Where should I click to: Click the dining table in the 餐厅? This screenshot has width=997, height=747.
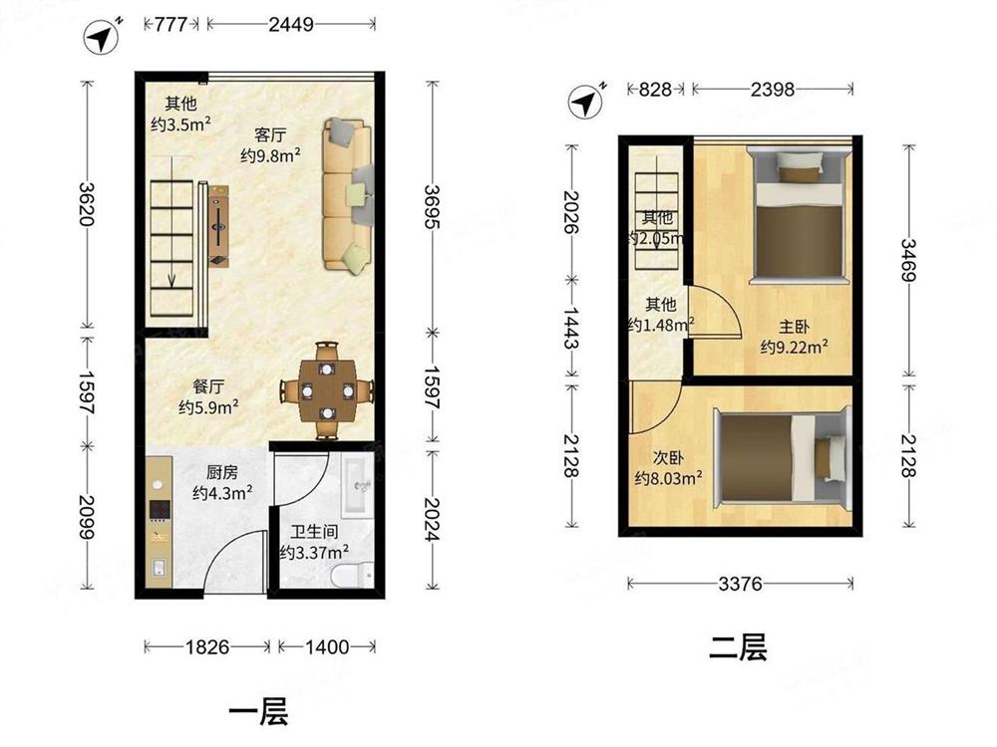(327, 390)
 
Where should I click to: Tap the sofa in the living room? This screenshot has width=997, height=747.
(347, 194)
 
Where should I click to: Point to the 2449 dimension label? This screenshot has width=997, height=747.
(290, 24)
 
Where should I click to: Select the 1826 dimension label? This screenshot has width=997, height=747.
(207, 646)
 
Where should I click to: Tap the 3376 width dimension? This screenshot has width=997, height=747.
(740, 583)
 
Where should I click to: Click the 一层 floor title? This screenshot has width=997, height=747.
(258, 711)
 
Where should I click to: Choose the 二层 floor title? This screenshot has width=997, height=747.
(738, 648)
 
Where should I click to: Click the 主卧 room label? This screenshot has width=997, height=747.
(795, 327)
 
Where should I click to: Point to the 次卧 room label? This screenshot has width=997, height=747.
(668, 457)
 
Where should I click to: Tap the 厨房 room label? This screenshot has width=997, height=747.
(222, 472)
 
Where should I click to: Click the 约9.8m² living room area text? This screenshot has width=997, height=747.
(270, 155)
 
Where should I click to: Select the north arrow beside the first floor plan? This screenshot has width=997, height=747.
(102, 38)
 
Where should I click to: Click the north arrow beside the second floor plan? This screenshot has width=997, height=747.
(586, 101)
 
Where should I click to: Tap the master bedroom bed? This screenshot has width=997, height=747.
(799, 215)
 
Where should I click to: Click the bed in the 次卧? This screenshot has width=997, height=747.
(782, 456)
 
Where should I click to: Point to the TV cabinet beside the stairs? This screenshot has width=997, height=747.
(218, 226)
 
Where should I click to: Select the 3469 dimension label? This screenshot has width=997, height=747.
(908, 260)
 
